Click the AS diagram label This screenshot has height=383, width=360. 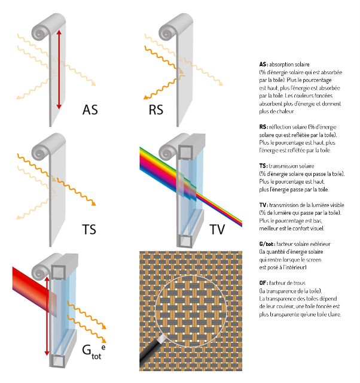tap(90, 110)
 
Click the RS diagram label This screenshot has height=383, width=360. tap(156, 110)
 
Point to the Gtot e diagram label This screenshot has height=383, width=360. tap(93, 349)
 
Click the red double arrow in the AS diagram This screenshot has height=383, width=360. tap(59, 69)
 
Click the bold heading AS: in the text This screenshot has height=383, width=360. tap(263, 64)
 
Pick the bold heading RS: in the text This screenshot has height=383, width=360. tap(263, 127)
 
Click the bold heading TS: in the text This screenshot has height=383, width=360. tap(263, 166)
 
